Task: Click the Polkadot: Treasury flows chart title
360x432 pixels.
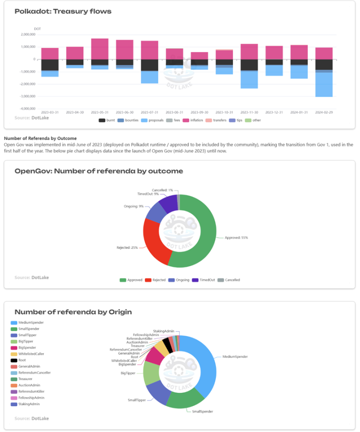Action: click(x=63, y=11)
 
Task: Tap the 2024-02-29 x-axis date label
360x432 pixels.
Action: click(x=324, y=113)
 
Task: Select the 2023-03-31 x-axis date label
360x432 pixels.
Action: click(x=50, y=113)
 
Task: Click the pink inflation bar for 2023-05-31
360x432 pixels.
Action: click(x=100, y=49)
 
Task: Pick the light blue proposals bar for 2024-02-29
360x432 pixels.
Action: click(x=324, y=85)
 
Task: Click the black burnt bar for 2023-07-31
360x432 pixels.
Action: click(x=150, y=65)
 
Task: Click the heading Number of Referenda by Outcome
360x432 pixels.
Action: click(x=40, y=138)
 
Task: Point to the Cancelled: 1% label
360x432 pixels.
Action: click(x=162, y=190)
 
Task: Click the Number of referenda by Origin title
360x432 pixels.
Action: click(x=73, y=312)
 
